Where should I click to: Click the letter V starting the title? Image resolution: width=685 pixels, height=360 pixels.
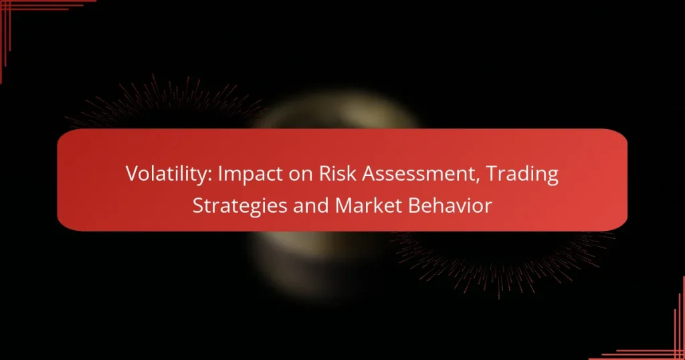pyautogui.click(x=130, y=175)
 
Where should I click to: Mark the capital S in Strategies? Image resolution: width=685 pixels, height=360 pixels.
pyautogui.click(x=198, y=206)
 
